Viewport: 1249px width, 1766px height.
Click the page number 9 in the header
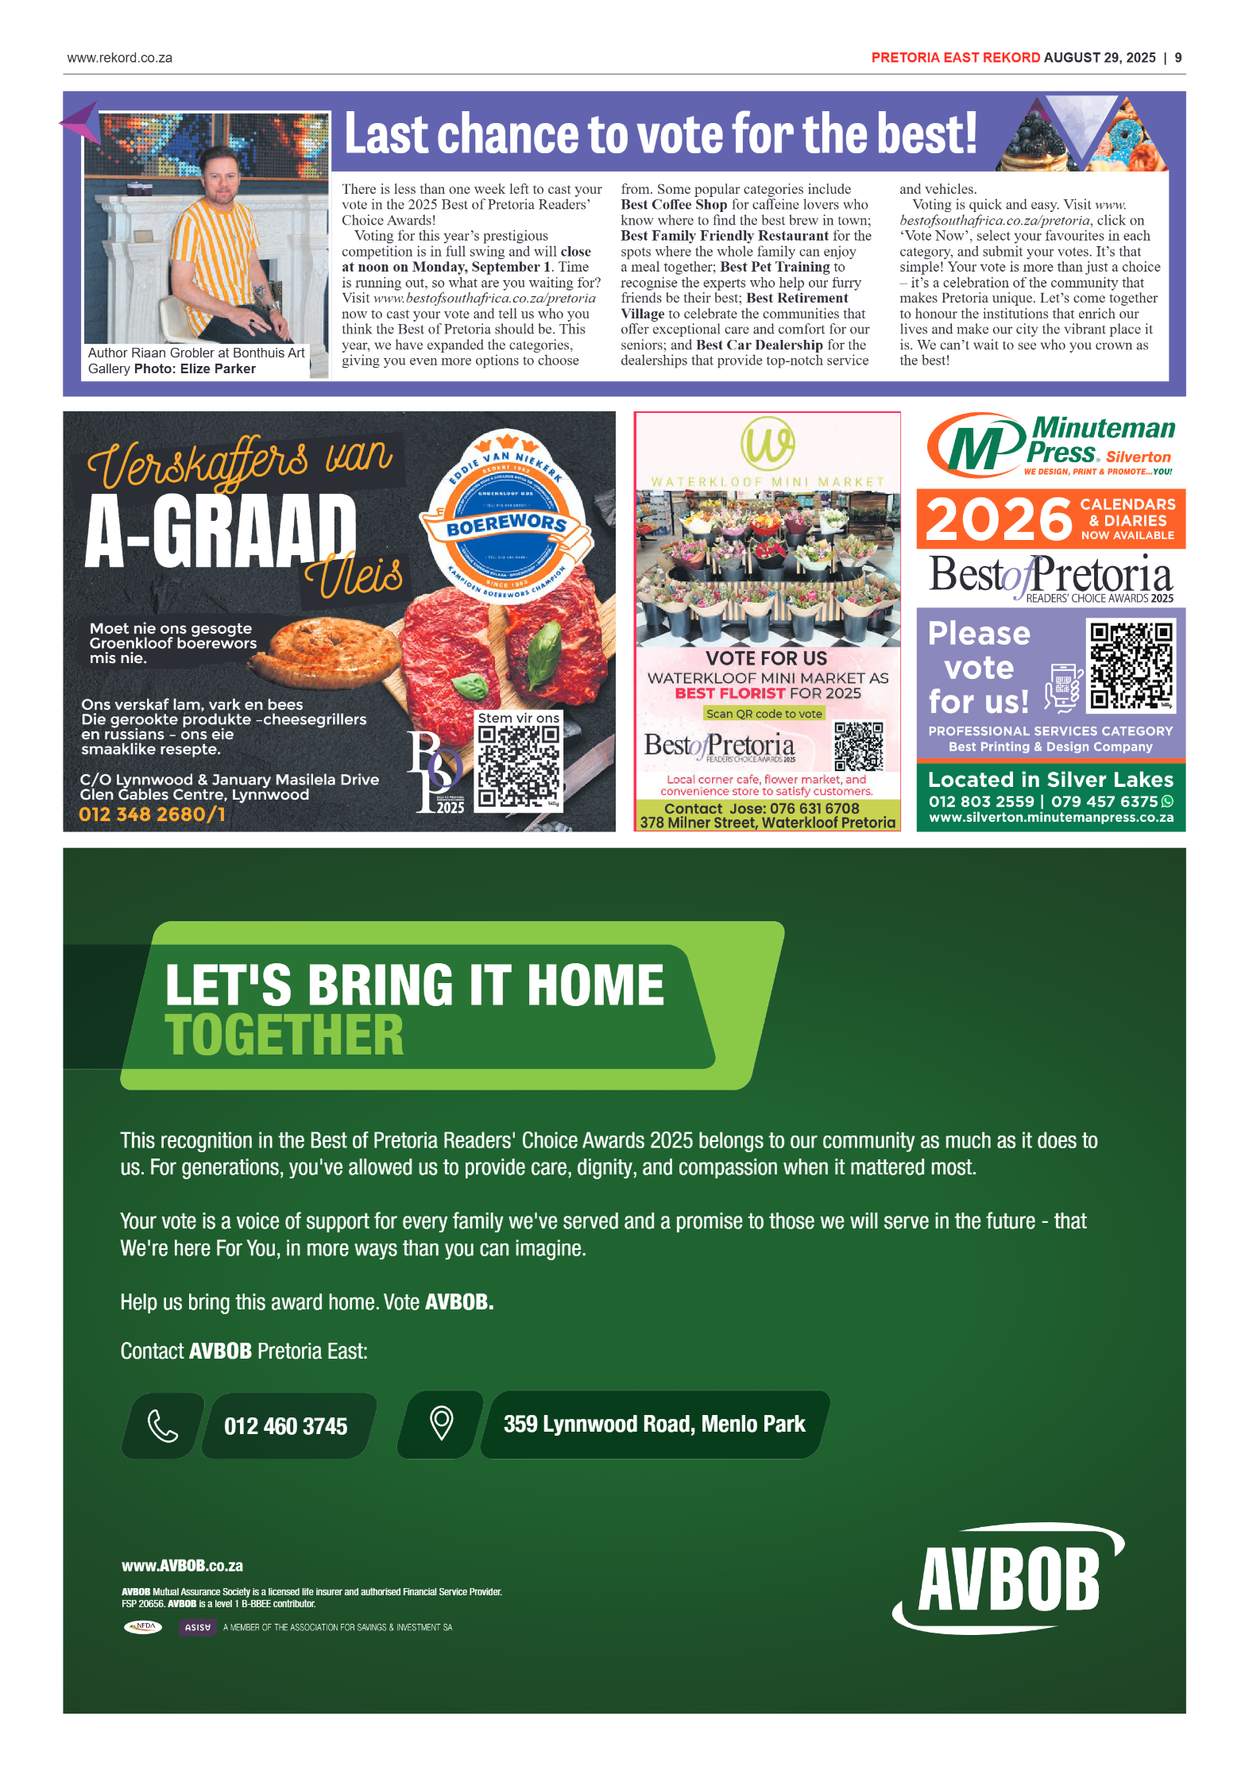pyautogui.click(x=1177, y=58)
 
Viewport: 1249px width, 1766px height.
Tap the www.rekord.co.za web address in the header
pyautogui.click(x=120, y=58)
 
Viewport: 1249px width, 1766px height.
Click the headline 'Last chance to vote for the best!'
pyautogui.click(x=659, y=133)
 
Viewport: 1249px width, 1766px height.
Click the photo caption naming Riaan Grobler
pyautogui.click(x=195, y=361)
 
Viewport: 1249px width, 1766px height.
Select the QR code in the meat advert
pyautogui.click(x=518, y=768)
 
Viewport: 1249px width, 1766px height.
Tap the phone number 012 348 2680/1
pyautogui.click(x=152, y=815)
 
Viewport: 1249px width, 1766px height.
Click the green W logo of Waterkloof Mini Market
pyautogui.click(x=767, y=443)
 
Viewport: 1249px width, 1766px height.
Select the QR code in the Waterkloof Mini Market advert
pyautogui.click(x=858, y=746)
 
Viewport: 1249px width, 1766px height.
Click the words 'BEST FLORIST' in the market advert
pyautogui.click(x=729, y=693)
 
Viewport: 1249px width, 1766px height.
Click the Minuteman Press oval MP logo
pyautogui.click(x=976, y=445)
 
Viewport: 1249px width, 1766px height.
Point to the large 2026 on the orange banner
pyautogui.click(x=998, y=520)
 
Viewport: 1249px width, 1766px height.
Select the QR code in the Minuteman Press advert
pyautogui.click(x=1131, y=665)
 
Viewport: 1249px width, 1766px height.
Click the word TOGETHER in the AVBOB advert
pyautogui.click(x=284, y=1035)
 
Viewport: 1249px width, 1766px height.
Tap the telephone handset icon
pyautogui.click(x=163, y=1426)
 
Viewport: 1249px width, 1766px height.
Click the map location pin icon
pyautogui.click(x=441, y=1424)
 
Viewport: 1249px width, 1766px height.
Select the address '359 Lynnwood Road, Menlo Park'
pyautogui.click(x=654, y=1425)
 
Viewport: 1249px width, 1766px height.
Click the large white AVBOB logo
pyautogui.click(x=1008, y=1579)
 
